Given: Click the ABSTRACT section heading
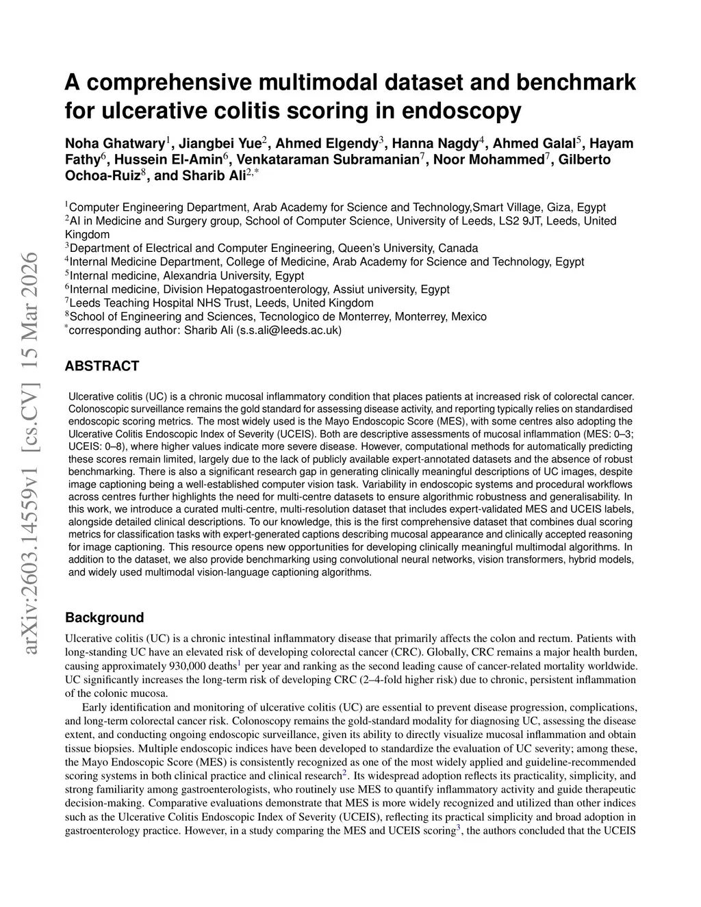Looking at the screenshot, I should point(101,366).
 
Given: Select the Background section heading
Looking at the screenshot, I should point(104,617).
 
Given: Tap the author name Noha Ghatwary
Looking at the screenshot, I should point(115,144).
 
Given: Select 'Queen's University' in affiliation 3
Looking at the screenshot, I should point(384,248).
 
